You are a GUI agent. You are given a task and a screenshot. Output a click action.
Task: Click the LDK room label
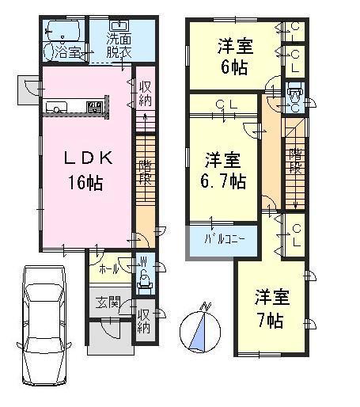[89, 158]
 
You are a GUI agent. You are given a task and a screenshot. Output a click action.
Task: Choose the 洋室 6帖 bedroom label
[235, 56]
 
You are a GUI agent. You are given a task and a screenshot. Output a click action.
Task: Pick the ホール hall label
[109, 269]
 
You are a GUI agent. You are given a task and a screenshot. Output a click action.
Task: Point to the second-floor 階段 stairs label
[294, 160]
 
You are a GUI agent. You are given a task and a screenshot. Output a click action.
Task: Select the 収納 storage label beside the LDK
[146, 93]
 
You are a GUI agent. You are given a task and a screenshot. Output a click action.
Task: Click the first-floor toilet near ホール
[146, 276]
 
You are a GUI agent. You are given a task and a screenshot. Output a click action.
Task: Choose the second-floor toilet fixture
[294, 101]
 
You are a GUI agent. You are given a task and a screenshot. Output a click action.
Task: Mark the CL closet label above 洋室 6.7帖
[222, 103]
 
